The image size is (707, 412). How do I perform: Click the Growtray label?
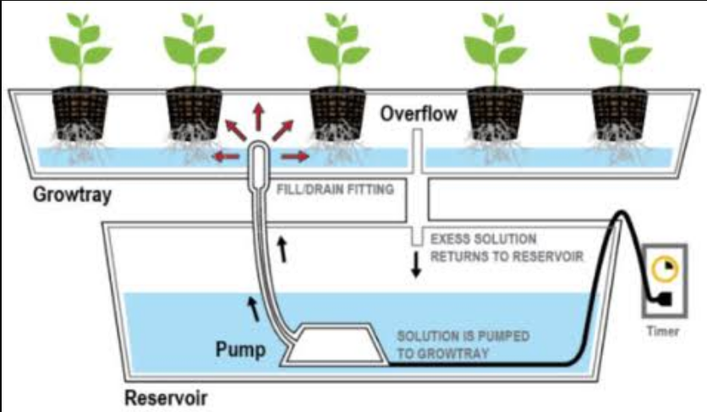pos(72,195)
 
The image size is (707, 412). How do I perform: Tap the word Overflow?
pos(419,113)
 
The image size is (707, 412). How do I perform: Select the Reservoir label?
pos(166,398)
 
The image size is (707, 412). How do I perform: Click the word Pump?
pos(241,349)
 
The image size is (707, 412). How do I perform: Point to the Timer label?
pos(663,331)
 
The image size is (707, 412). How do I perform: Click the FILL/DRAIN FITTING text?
pos(335,189)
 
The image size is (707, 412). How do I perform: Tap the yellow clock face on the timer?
pos(665,268)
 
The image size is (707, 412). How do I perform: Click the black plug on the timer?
pos(666,299)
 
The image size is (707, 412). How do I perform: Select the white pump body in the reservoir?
pos(334,344)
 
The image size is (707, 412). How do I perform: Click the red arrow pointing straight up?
pos(259,117)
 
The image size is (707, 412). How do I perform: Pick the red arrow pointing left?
pos(226,157)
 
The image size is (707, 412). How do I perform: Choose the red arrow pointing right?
pos(295,157)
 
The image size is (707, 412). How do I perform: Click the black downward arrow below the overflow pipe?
pos(416,264)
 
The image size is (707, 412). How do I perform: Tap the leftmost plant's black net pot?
pos(79,112)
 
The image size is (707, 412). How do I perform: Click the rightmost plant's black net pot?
pos(620,112)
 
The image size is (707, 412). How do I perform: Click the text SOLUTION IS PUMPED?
pos(463,336)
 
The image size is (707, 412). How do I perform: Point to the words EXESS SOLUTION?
pos(484,239)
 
